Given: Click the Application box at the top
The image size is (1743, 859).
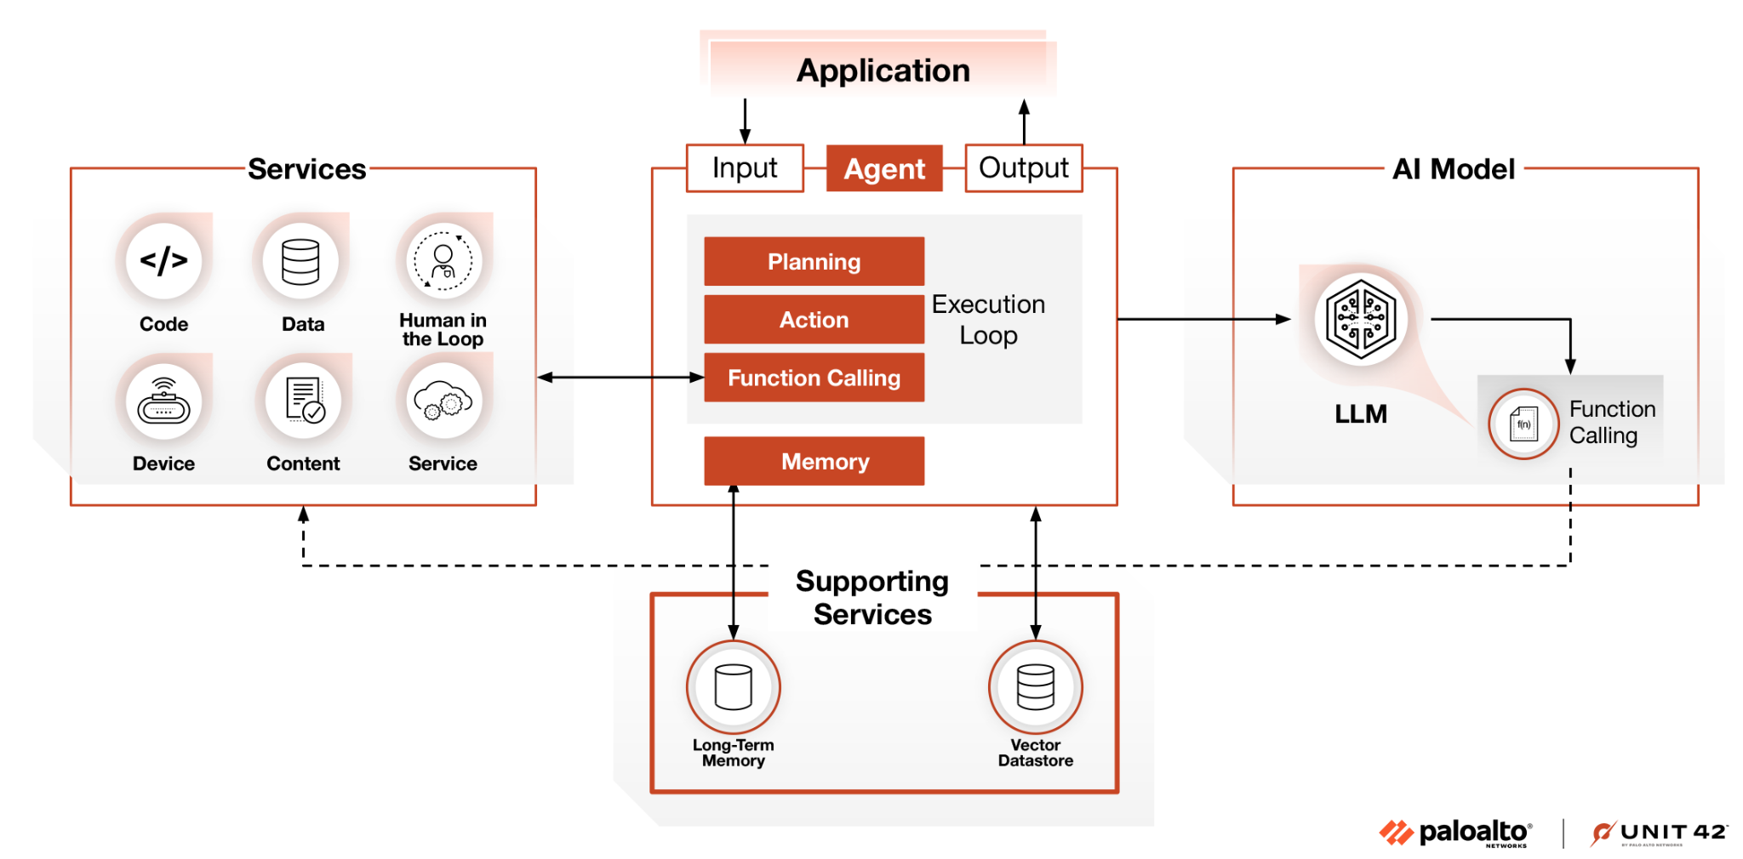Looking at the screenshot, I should click(883, 70).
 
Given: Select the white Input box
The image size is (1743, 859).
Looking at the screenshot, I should click(745, 168).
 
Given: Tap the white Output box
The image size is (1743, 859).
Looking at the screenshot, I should click(1023, 168).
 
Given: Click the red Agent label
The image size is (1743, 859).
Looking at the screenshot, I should click(884, 168).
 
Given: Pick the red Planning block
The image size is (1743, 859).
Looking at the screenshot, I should click(814, 261).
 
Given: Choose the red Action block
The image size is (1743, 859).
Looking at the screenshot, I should click(814, 320).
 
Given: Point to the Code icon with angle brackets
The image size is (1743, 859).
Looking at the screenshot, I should click(163, 260).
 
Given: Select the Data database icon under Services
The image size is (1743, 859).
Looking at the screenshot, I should click(300, 261).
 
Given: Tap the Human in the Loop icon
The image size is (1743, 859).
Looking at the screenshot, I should click(443, 261).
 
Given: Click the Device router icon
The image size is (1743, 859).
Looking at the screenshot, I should click(163, 401).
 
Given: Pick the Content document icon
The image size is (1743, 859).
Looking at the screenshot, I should click(303, 401).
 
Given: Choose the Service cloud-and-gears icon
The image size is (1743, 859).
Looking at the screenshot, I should click(443, 401).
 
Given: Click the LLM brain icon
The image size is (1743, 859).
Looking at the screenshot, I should click(1360, 320).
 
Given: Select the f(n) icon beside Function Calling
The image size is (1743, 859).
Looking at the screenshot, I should click(1523, 424).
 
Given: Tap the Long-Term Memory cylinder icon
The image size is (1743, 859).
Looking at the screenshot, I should click(733, 686).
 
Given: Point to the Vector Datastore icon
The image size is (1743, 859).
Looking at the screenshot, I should click(1035, 686).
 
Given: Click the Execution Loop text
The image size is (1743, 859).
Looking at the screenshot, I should click(988, 320).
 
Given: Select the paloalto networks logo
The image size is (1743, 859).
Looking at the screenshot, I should click(1455, 833).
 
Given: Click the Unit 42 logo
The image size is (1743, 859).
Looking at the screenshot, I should click(1659, 833).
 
